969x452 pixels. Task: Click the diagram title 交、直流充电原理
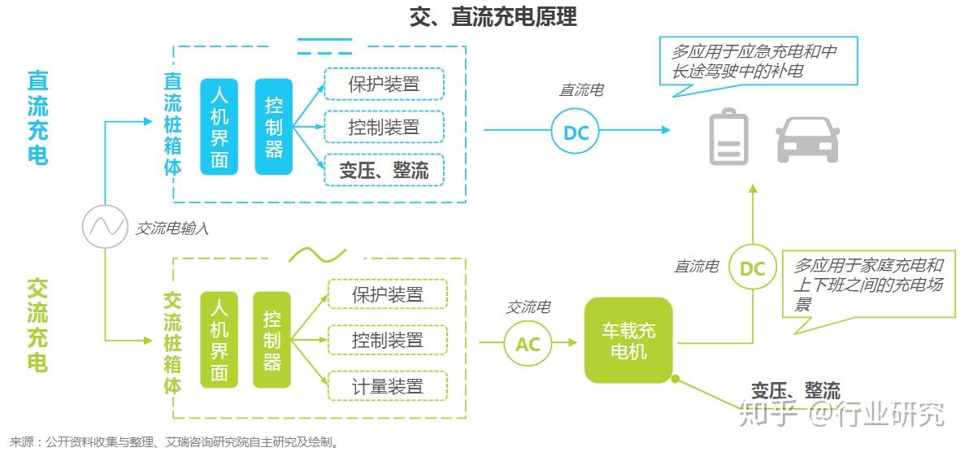[493, 17]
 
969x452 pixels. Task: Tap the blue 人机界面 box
[219, 127]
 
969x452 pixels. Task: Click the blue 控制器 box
[273, 127]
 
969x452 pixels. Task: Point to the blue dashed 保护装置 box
[384, 85]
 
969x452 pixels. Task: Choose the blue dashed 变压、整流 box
[384, 170]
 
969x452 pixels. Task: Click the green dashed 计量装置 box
[388, 385]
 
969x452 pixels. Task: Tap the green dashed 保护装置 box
[388, 294]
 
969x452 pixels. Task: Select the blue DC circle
[576, 132]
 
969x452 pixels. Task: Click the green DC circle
[752, 268]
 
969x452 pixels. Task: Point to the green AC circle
[528, 344]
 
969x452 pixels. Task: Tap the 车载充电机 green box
[628, 341]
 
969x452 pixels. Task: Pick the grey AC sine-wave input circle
[106, 226]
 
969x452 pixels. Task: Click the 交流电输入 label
[172, 229]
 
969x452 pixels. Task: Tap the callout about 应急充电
[758, 61]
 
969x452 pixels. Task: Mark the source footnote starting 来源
[174, 443]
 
